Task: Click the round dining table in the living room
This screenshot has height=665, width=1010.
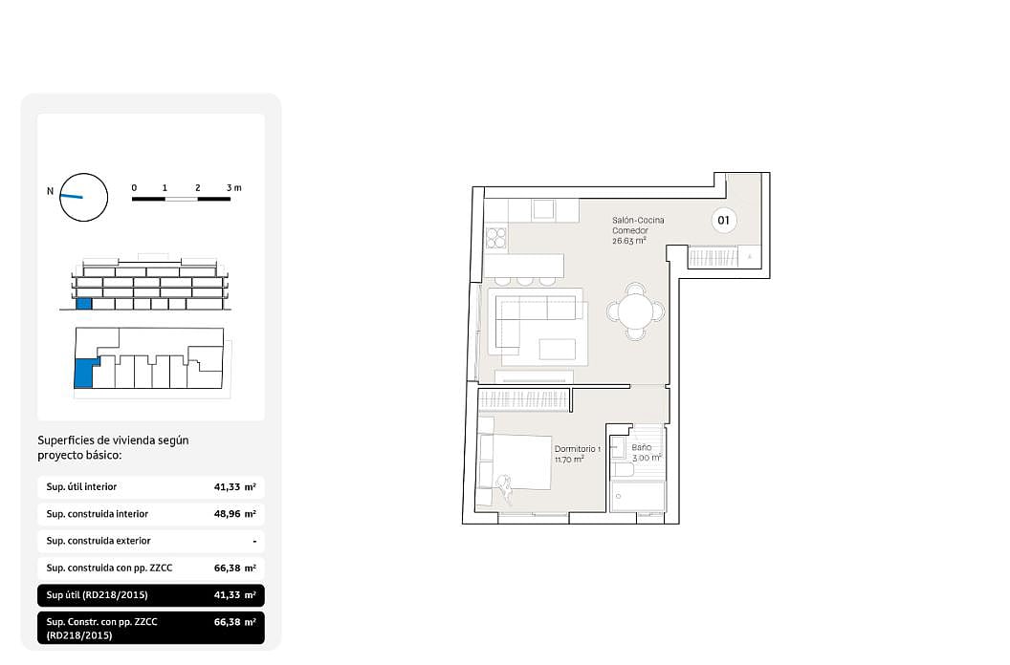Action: point(635,312)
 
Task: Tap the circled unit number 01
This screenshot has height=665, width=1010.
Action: point(723,220)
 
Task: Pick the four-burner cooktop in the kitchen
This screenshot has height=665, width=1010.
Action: point(496,238)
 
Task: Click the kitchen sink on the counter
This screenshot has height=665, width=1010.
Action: point(543,209)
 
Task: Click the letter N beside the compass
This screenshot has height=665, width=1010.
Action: point(51,191)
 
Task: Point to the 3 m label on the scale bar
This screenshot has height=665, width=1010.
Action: point(233,188)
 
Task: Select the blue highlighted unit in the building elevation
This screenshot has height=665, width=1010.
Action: point(84,304)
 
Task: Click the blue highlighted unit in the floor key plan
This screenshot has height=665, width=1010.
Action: point(84,374)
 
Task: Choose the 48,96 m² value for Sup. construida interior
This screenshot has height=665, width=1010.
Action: point(235,514)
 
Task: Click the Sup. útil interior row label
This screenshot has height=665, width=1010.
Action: point(81,486)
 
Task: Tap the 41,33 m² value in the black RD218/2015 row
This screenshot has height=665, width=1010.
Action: point(235,595)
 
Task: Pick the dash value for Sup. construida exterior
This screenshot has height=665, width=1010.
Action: point(254,542)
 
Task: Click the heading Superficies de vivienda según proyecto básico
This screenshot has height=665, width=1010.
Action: point(114,447)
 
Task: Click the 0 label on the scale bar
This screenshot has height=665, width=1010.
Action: point(134,188)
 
